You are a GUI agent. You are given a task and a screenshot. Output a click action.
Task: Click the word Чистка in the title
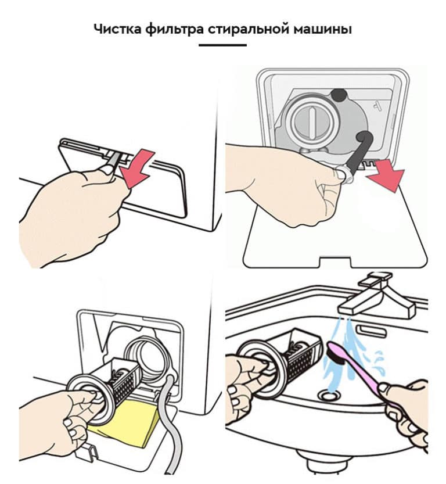[x=117, y=29]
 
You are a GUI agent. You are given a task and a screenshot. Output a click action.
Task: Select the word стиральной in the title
[x=249, y=30]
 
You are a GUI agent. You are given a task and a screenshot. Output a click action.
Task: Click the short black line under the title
[x=222, y=45]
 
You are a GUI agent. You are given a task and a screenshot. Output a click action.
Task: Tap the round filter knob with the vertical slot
[x=312, y=121]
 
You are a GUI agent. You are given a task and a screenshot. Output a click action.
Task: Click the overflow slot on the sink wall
[x=371, y=331]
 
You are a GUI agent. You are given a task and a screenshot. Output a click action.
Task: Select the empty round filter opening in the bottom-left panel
[x=145, y=355]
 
